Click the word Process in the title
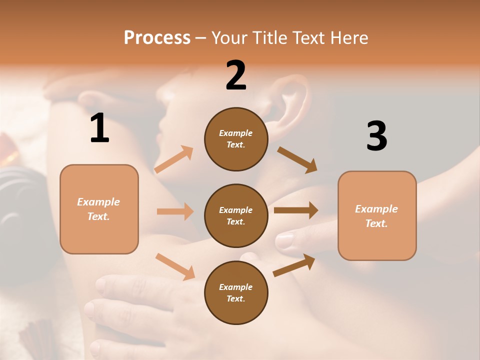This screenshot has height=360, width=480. point(157,38)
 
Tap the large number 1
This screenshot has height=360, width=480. point(99,128)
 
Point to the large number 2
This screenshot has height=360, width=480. point(236,75)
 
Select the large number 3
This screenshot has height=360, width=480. point(376,136)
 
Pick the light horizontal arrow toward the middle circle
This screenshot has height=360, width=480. point(175,211)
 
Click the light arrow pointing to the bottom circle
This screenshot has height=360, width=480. point(175,266)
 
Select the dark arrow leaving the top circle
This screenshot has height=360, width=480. point(297,159)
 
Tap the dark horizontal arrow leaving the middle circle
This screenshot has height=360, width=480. point(295,210)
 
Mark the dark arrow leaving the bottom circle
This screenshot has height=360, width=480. point(294,265)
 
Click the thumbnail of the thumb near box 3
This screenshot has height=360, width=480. point(284,241)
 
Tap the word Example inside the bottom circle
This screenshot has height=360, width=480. point(236,287)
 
